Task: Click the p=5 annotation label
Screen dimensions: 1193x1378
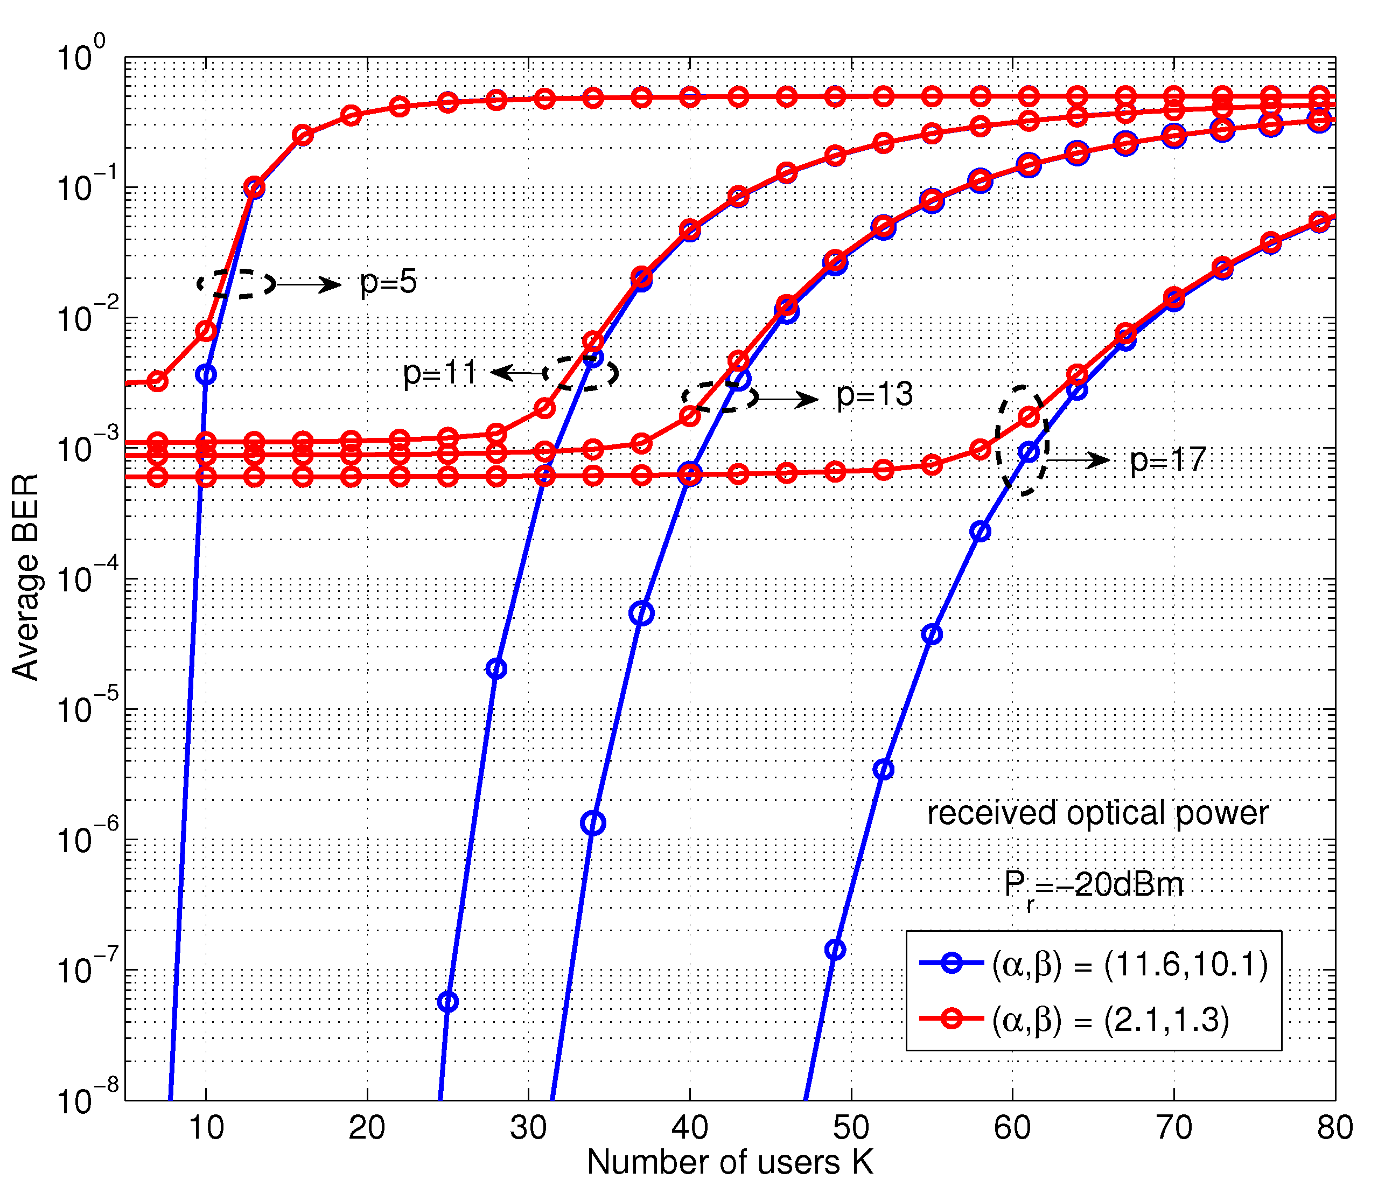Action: click(388, 283)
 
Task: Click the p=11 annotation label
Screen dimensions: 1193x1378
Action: click(440, 373)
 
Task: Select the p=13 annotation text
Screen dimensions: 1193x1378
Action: click(874, 395)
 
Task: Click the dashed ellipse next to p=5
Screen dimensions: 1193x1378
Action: click(236, 284)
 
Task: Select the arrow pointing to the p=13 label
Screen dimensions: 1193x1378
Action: click(787, 400)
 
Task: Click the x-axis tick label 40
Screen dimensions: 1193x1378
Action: click(690, 1128)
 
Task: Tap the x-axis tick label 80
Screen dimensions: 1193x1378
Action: click(1334, 1128)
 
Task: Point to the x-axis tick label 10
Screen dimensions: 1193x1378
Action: click(206, 1128)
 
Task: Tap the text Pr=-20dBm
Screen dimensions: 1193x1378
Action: click(1093, 886)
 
